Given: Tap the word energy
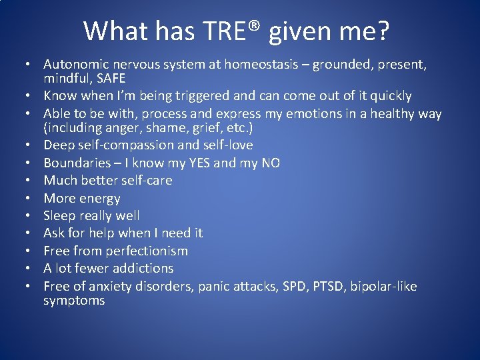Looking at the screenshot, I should click(x=99, y=198).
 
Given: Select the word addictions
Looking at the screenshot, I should click(x=143, y=268).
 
